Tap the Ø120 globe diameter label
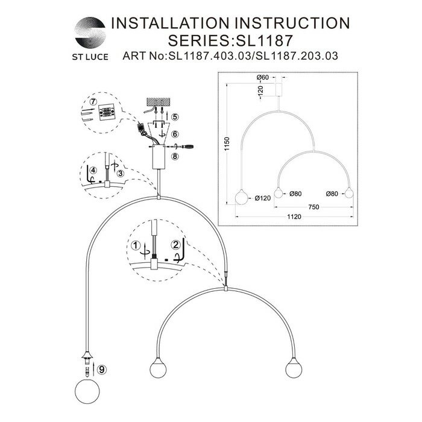click(x=262, y=197)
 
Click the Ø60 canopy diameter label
click(x=262, y=78)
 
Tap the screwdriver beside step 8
click(x=186, y=146)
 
